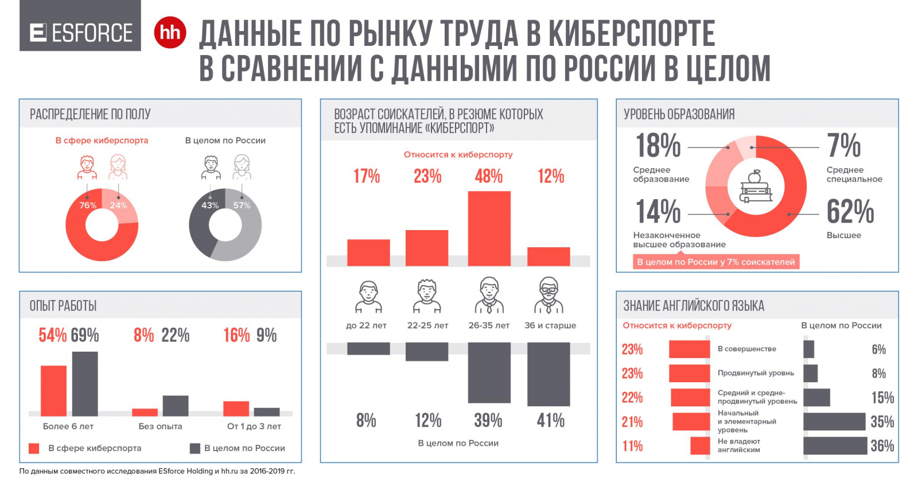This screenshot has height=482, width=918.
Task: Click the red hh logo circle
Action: [170, 32]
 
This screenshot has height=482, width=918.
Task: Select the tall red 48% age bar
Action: [489, 228]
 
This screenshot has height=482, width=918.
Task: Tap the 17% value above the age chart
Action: [367, 176]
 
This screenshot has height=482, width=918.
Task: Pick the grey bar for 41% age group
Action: [549, 374]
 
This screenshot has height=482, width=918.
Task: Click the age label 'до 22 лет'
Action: [366, 325]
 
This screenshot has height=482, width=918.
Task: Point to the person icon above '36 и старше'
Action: [549, 295]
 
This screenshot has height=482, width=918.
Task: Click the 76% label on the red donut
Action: [88, 205]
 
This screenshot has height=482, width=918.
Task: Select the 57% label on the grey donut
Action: [242, 205]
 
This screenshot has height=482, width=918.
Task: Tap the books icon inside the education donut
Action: [756, 187]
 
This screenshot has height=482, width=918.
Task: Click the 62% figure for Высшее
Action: [850, 212]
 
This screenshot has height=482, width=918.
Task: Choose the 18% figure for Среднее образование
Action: [658, 146]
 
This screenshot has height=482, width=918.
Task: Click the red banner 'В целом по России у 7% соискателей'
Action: [715, 262]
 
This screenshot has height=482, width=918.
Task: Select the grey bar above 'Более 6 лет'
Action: [85, 383]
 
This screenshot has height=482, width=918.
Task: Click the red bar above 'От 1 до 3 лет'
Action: [236, 408]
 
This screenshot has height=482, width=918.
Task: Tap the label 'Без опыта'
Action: [160, 426]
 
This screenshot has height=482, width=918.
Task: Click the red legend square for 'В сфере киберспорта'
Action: [34, 448]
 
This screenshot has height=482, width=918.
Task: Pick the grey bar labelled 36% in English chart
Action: [835, 446]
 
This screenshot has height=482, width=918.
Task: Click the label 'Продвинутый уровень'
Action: [756, 373]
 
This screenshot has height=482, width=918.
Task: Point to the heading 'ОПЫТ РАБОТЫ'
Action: [63, 306]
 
